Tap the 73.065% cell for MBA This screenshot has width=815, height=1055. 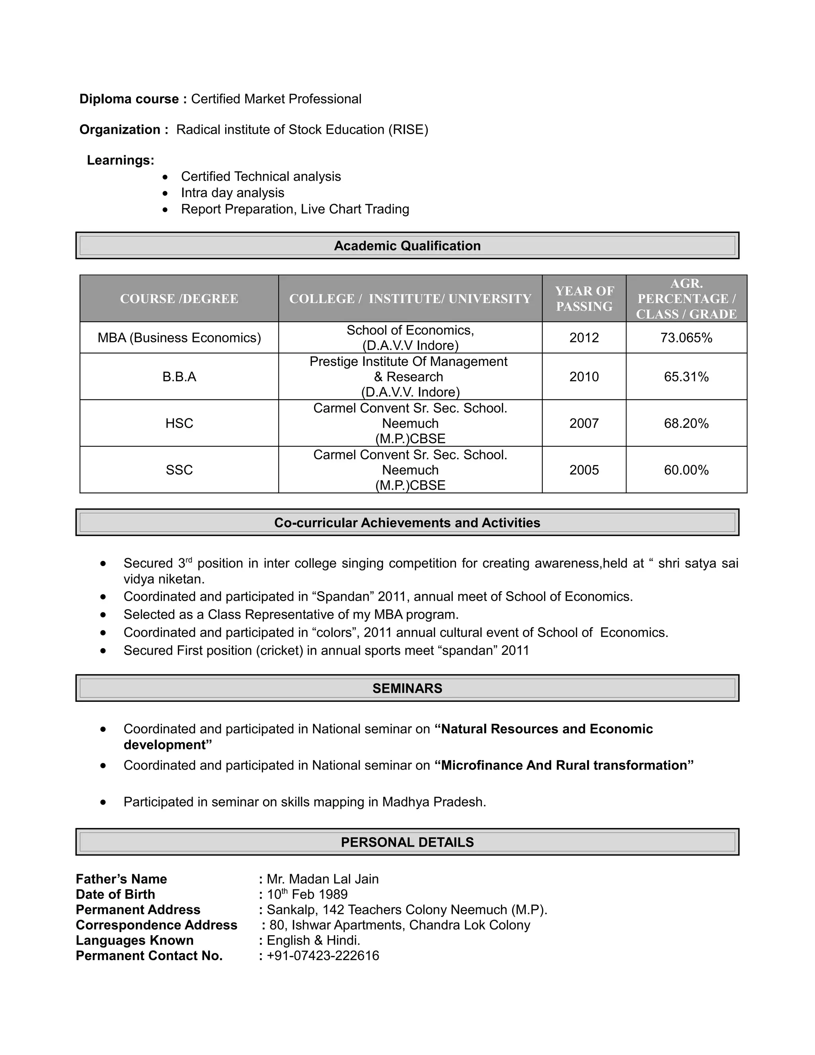[x=686, y=338]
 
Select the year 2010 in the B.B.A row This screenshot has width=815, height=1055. [x=584, y=377]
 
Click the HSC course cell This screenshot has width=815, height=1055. [x=179, y=423]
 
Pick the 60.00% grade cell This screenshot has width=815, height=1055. [x=686, y=470]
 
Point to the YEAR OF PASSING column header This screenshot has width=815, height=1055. [x=584, y=299]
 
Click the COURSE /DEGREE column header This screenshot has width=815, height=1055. [x=179, y=299]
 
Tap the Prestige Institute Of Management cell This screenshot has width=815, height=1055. [x=408, y=362]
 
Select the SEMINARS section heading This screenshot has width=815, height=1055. [x=407, y=688]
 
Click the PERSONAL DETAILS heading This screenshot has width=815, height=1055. [x=407, y=842]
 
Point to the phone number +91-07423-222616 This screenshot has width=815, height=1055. [x=322, y=956]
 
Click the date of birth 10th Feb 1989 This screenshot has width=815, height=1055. [x=307, y=895]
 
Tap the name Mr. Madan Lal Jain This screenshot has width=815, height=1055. [x=322, y=879]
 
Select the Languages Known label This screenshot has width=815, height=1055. [x=135, y=940]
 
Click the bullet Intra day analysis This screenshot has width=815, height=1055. [x=232, y=193]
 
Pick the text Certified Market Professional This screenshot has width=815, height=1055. [x=276, y=99]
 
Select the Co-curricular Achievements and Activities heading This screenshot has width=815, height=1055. [x=407, y=523]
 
